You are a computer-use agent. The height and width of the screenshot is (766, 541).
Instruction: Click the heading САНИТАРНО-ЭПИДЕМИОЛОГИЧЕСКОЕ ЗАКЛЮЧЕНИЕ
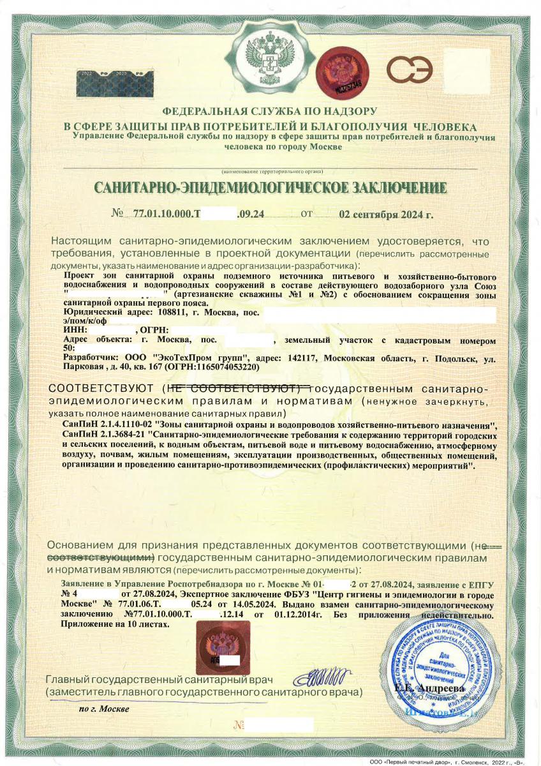[270, 188]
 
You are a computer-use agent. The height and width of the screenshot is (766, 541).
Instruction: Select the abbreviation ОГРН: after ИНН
[154, 330]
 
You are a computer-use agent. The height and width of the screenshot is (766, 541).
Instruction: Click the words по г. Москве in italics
[103, 709]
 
